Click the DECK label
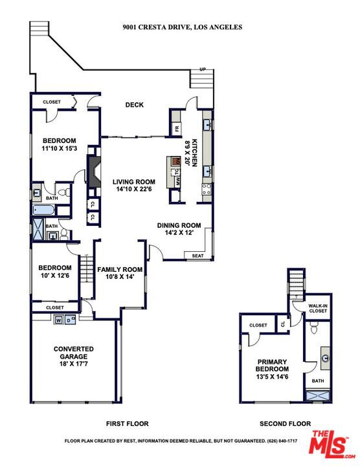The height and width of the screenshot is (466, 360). [135, 105]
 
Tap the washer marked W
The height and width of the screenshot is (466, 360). [59, 320]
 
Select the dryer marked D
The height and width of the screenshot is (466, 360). [69, 320]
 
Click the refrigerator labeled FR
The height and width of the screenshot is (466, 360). [177, 129]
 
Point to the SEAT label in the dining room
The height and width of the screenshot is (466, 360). [197, 256]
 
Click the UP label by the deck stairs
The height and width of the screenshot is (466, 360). [203, 69]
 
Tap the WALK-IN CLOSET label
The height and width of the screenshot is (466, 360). [318, 308]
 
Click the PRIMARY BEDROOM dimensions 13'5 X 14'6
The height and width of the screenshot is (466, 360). [273, 377]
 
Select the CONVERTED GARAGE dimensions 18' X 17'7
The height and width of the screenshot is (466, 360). [74, 364]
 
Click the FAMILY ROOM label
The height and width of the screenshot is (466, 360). [120, 269]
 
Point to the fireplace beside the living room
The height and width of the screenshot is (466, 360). [94, 172]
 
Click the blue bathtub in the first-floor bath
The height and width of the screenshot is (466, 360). [44, 210]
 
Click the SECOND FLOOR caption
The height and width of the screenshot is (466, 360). [285, 424]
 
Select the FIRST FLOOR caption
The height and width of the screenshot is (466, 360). [128, 424]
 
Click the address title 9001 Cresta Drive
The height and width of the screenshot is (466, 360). [182, 27]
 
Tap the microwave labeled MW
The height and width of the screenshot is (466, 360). [178, 181]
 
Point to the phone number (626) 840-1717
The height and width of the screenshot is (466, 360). [282, 441]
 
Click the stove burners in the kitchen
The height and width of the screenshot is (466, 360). [207, 189]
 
